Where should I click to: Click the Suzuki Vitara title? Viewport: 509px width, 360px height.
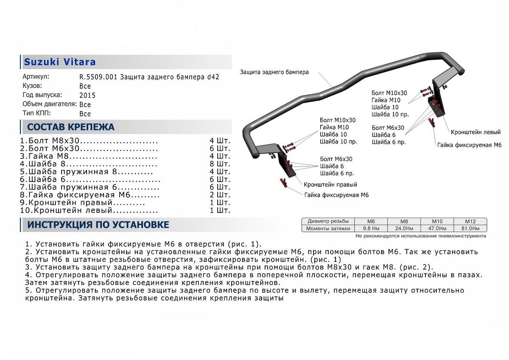pos(59,62)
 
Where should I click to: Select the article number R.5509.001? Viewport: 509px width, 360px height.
pos(99,77)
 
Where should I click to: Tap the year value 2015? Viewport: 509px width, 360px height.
pos(87,96)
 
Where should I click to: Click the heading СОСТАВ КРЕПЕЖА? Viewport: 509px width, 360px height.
pos(70,127)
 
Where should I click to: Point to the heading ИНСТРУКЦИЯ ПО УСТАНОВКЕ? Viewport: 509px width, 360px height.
pos(98,225)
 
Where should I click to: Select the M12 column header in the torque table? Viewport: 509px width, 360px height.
pos(470,221)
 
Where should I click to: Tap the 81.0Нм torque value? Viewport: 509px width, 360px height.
pos(470,228)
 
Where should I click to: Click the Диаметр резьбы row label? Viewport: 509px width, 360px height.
pos(328,221)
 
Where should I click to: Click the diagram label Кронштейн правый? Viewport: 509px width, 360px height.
pos(330,185)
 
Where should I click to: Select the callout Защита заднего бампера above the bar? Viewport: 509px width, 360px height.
pos(274,72)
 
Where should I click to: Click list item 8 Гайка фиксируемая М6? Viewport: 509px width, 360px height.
pos(90,195)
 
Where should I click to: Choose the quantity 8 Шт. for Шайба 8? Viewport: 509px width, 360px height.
pos(220,164)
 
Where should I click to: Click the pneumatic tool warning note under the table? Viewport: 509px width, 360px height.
pos(420,236)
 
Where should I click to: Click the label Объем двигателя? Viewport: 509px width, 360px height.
pos(49,104)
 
